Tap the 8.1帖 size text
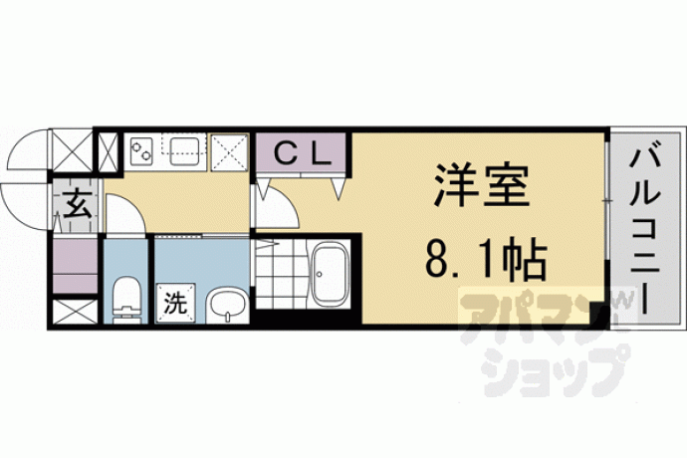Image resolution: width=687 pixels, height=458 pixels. [x=485, y=260]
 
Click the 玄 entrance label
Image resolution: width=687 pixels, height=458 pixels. [x=76, y=206]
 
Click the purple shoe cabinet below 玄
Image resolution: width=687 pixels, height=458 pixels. [x=74, y=267]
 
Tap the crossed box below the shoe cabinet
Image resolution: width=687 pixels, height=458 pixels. [x=74, y=310]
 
